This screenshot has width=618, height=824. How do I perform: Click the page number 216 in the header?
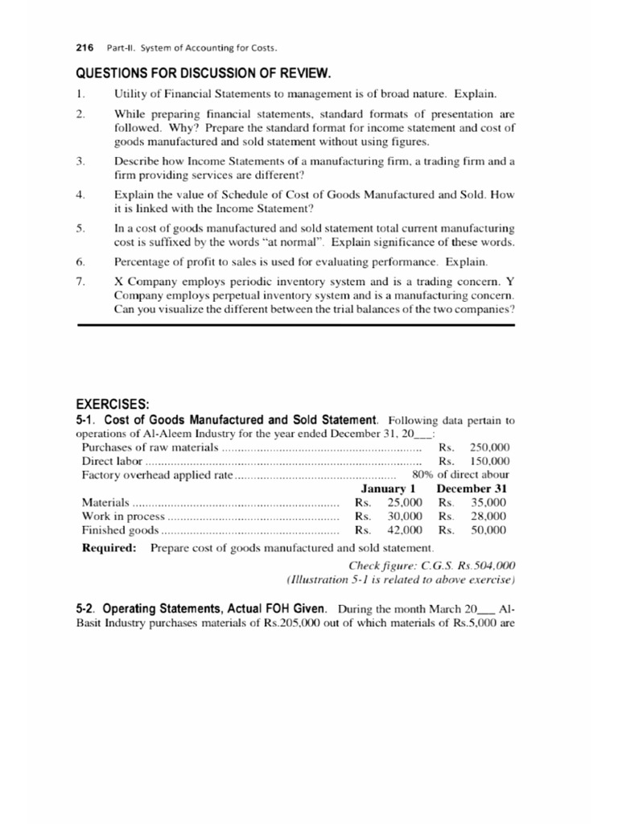(84, 47)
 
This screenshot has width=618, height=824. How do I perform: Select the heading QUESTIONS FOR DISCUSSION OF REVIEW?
(203, 74)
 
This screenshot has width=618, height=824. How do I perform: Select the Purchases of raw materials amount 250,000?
(490, 447)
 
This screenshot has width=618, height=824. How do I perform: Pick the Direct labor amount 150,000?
(490, 461)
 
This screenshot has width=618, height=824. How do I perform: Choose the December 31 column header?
(472, 488)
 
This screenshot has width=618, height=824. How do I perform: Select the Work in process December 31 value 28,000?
(488, 517)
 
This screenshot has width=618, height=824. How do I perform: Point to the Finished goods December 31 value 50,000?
(488, 530)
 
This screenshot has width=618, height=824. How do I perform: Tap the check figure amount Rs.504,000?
(481, 566)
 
